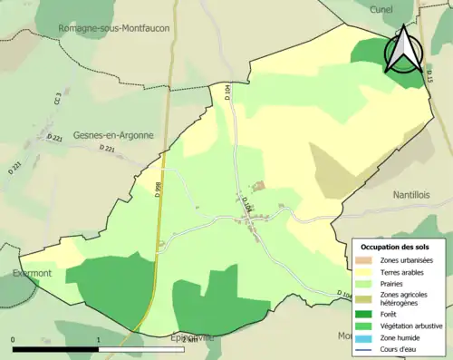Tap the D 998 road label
(158, 190)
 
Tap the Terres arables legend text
(405, 270)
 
